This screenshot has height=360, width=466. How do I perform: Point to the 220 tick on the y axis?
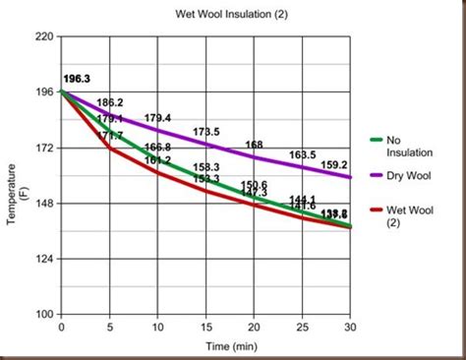(44, 36)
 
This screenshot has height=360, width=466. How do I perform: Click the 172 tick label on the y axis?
(44, 148)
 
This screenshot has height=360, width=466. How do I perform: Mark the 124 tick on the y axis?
(44, 259)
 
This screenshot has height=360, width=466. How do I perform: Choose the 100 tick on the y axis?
(44, 315)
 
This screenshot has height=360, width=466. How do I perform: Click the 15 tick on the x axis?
(206, 327)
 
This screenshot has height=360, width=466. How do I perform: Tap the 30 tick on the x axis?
(351, 327)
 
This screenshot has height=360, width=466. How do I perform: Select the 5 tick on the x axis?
(109, 327)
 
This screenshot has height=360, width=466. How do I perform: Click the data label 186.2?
(110, 102)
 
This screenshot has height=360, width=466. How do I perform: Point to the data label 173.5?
(206, 132)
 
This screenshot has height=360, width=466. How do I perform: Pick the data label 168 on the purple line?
(254, 145)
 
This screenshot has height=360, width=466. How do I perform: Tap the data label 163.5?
(303, 154)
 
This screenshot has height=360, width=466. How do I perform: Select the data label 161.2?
(157, 159)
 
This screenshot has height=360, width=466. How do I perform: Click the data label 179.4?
(157, 118)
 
